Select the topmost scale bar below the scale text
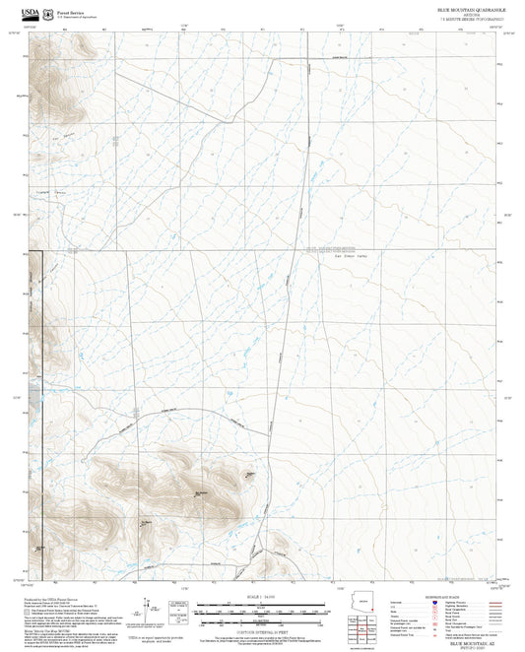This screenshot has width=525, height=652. (263, 603)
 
